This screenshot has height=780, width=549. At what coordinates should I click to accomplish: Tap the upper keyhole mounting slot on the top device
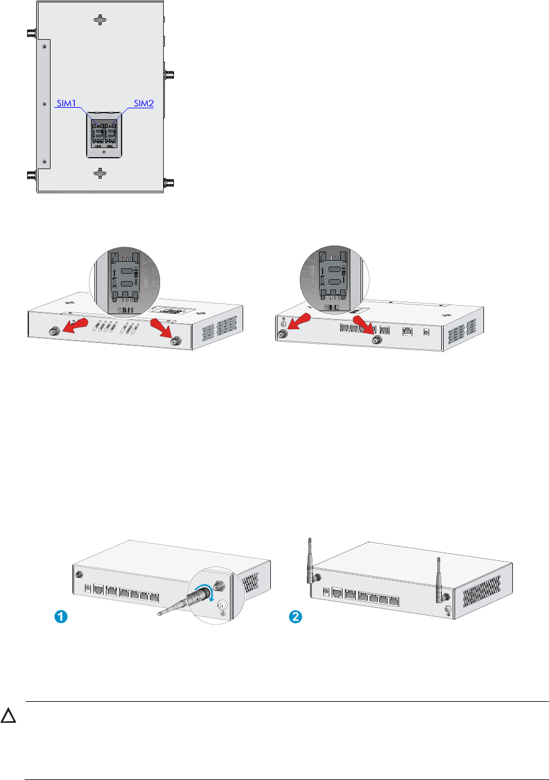click(x=101, y=20)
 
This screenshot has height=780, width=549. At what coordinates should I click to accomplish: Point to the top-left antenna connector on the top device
click(x=29, y=35)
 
